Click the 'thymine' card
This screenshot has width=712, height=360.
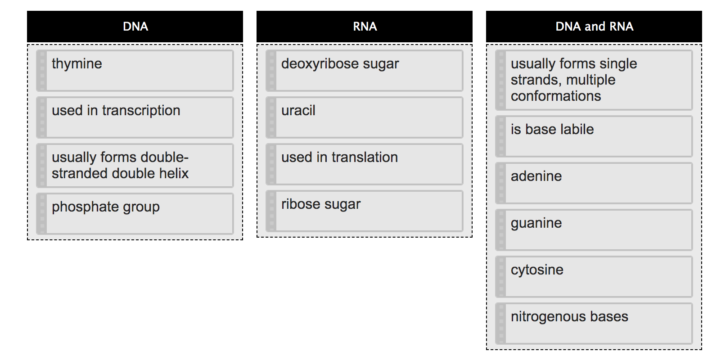click(x=135, y=71)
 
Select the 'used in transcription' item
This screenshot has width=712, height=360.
click(x=135, y=117)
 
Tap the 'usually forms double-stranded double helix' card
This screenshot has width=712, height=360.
click(x=135, y=165)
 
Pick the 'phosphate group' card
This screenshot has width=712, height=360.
click(x=135, y=214)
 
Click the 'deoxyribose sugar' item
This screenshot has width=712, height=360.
click(x=365, y=71)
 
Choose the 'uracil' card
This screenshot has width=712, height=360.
click(x=365, y=117)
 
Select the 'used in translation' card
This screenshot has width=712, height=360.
click(x=365, y=164)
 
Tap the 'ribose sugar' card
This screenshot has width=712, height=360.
click(x=365, y=211)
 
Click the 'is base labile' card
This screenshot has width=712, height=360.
click(x=594, y=136)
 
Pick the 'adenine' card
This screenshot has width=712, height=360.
click(x=594, y=183)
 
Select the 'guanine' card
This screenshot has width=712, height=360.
click(x=594, y=230)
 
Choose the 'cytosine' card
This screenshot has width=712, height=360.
click(x=594, y=277)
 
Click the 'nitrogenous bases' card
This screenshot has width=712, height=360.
click(x=594, y=324)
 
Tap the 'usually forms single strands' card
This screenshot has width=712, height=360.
click(x=594, y=80)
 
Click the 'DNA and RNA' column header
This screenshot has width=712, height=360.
click(x=594, y=27)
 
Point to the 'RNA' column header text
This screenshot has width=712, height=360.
click(x=365, y=27)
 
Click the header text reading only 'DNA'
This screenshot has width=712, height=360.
click(x=135, y=27)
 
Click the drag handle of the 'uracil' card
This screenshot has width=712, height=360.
click(x=271, y=117)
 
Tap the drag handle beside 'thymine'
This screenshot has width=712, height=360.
click(x=42, y=71)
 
